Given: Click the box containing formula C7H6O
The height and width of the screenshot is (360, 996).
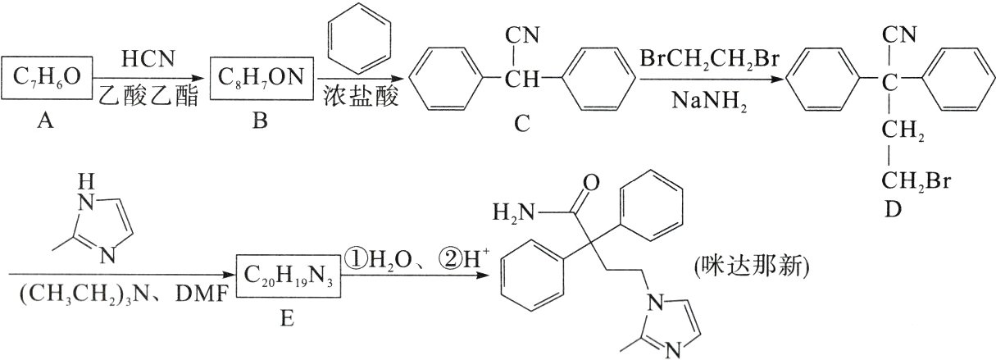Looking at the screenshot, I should pos(48,78).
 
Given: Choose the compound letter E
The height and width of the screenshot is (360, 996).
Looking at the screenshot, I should pos(286,316).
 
